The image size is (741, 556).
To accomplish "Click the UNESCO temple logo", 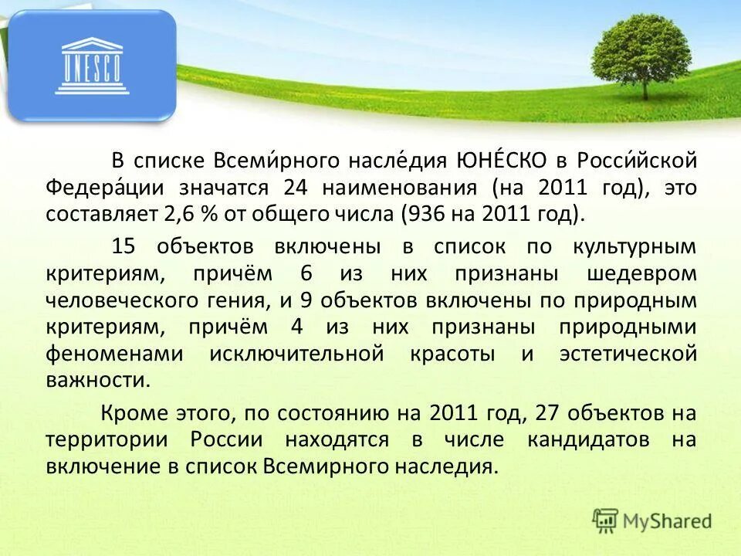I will coord(92,66).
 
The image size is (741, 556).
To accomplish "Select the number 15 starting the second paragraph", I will coord(123,247).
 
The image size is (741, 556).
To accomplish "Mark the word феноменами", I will coord(114,354).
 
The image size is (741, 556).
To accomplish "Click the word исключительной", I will coord(296,354).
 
